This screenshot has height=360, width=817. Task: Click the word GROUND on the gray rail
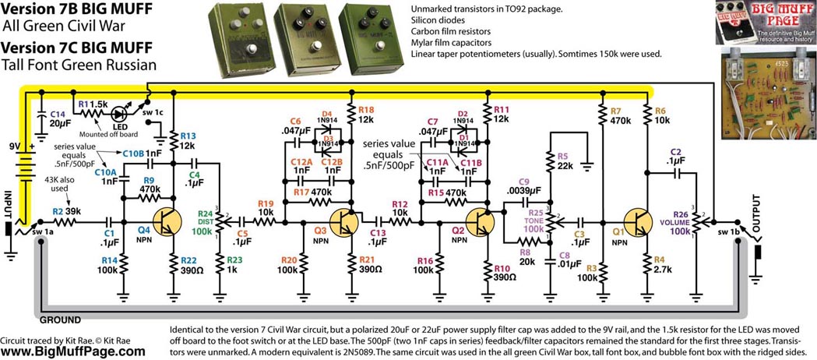(x=59, y=319)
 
